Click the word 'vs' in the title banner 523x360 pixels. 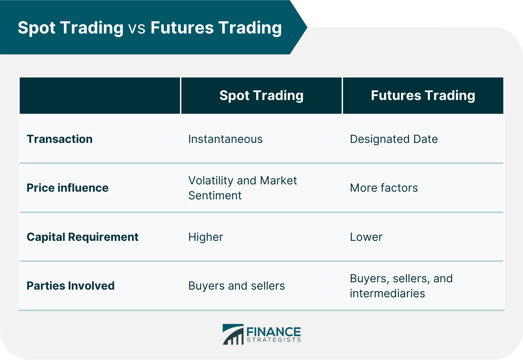(x=137, y=28)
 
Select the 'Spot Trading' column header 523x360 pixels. (x=261, y=95)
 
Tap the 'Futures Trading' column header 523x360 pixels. (x=423, y=95)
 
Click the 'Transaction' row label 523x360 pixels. (x=60, y=139)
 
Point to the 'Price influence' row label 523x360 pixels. (x=68, y=188)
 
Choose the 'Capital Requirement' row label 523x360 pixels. (x=82, y=237)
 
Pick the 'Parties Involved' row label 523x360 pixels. (x=70, y=286)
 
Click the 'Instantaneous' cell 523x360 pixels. (x=225, y=139)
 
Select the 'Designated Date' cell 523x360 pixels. (x=394, y=139)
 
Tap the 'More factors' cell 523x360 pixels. (x=384, y=188)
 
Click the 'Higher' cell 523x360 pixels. (x=206, y=237)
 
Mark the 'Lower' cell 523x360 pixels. (x=366, y=237)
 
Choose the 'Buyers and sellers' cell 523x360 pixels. (x=236, y=286)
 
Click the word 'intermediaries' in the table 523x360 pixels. (x=387, y=293)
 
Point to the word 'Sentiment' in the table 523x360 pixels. (x=215, y=196)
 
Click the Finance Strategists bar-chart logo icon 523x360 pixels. (x=233, y=334)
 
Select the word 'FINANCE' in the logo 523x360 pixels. (x=274, y=331)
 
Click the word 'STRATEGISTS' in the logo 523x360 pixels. (x=274, y=340)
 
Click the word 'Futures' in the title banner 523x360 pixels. (x=182, y=28)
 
